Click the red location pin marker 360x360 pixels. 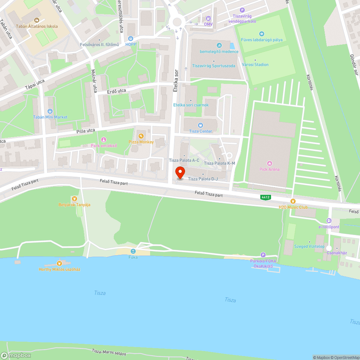[x=180, y=173]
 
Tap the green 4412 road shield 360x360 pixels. [x=266, y=197]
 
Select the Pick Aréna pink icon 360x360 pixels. [x=270, y=163]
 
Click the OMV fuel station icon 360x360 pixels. [x=208, y=18]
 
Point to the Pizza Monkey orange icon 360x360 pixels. [x=141, y=136]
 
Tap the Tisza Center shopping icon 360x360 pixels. [x=201, y=125]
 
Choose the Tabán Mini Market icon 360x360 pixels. [x=50, y=111]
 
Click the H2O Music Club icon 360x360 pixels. [x=293, y=201]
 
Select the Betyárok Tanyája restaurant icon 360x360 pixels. [x=75, y=199]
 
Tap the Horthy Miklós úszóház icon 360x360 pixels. [x=59, y=263]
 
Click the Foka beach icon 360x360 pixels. [x=133, y=251]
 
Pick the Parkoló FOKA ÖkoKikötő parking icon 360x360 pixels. [x=263, y=255]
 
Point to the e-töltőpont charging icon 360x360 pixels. [x=329, y=221]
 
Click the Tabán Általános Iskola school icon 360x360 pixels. [x=36, y=21]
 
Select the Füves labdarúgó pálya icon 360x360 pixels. [x=262, y=34]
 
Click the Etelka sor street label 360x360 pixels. [x=176, y=80]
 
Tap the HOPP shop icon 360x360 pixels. [x=130, y=38]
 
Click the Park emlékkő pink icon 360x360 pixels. [x=104, y=140]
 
